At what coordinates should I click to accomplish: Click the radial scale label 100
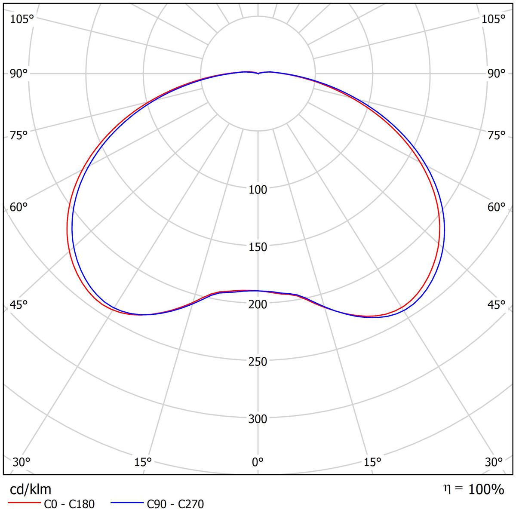pos(258,190)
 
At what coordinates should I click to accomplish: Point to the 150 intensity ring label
pos(258,247)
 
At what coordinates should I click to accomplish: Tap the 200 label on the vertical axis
pos(258,304)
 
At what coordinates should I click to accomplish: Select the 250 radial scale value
pos(258,362)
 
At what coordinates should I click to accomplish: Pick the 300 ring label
pos(258,419)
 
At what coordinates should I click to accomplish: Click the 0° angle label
pos(258,462)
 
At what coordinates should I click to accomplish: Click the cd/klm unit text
pos(31,489)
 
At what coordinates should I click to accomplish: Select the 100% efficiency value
pos(486,489)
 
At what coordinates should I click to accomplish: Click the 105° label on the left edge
pos(21,19)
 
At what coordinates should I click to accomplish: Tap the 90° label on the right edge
pos(497,74)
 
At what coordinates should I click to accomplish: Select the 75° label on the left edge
pos(19,135)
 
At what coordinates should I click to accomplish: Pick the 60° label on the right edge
pos(497,207)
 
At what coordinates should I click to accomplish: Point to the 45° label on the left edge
pos(19,305)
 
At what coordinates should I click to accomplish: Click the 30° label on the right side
pos(494,462)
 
